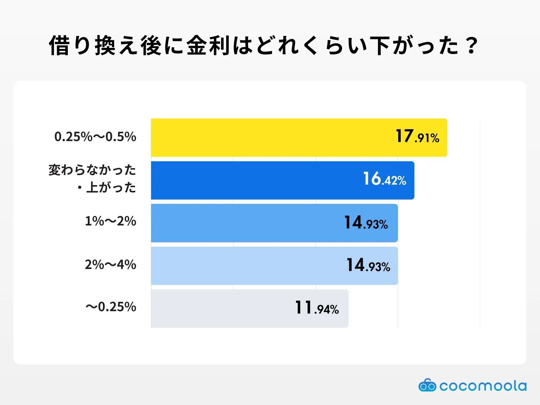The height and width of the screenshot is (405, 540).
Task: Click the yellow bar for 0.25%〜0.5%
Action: pyautogui.click(x=270, y=137)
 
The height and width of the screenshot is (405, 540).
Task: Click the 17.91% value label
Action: pyautogui.click(x=417, y=137)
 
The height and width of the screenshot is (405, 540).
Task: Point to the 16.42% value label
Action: pyautogui.click(x=384, y=179)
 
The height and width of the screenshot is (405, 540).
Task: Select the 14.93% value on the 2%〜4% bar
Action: pyautogui.click(x=368, y=266)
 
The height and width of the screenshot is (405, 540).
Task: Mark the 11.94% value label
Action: pyautogui.click(x=317, y=308)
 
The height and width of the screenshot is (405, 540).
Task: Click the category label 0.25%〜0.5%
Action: pyautogui.click(x=95, y=137)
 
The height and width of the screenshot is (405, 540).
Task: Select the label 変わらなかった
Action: pyautogui.click(x=92, y=170)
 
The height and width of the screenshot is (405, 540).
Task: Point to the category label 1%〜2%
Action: pyautogui.click(x=110, y=221)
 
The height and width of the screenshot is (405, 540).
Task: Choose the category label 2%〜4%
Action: pyautogui.click(x=110, y=264)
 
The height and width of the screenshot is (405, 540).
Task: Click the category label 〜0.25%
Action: pyautogui.click(x=111, y=307)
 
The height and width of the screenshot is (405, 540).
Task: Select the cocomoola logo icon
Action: pyautogui.click(x=427, y=385)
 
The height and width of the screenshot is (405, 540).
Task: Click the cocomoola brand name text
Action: pyautogui.click(x=483, y=386)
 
